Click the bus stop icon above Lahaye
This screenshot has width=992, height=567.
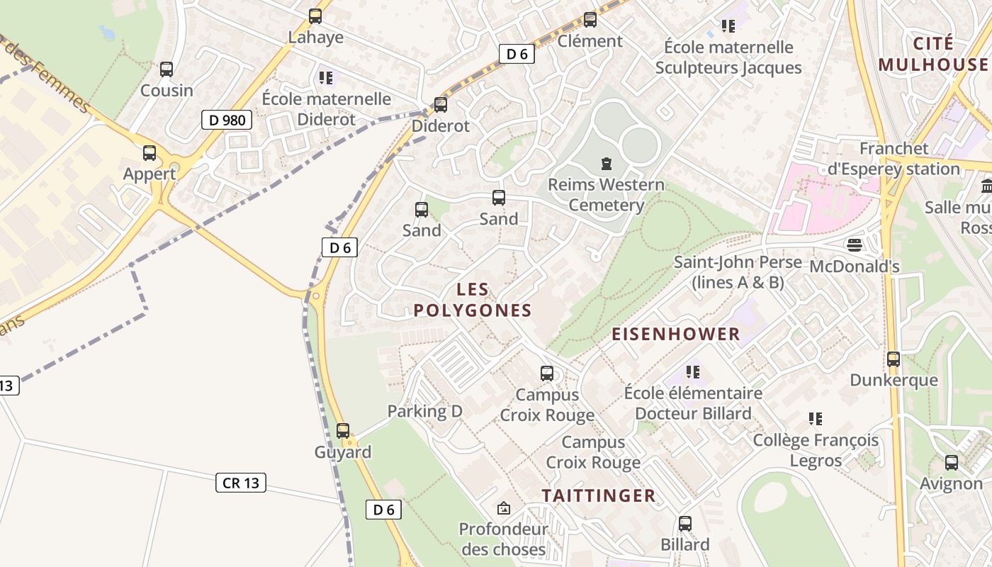pos(315,16)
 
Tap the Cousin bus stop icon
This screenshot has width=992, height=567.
pos(167,69)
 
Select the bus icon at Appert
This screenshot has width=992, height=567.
pos(150,152)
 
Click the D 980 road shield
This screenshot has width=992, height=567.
pos(227,120)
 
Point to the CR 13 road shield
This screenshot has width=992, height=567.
pos(241,483)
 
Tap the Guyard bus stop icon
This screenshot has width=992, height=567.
pos(343,430)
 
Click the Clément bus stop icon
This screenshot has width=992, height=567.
pos(590,19)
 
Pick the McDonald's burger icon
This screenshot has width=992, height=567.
pos(854,245)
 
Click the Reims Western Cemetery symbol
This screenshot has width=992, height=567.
pos(607,164)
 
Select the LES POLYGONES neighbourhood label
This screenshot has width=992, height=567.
pos(473,300)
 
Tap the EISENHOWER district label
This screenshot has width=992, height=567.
pos(675,334)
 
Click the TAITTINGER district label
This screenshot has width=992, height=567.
pos(599,495)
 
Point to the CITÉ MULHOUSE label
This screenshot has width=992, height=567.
pos(932,54)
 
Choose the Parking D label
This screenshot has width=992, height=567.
pos(424,411)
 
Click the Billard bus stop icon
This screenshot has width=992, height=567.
pos(684,523)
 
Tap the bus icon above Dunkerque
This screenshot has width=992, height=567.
pos(893,359)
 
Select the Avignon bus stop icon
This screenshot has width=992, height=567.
pos(951,462)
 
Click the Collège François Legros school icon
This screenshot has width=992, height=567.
pos(816,419)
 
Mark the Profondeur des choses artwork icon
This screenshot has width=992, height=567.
pos(503,507)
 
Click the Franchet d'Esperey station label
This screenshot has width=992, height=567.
pos(894,159)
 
